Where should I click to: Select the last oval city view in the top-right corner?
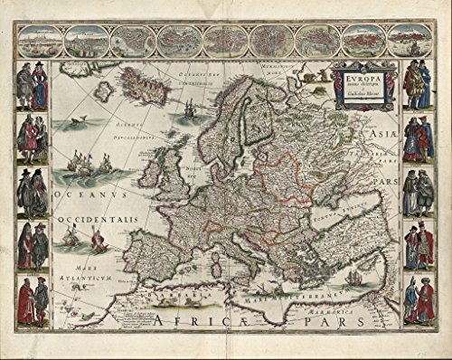[410, 40]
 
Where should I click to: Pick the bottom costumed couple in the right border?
[418, 301]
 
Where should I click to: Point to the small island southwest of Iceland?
[106, 90]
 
